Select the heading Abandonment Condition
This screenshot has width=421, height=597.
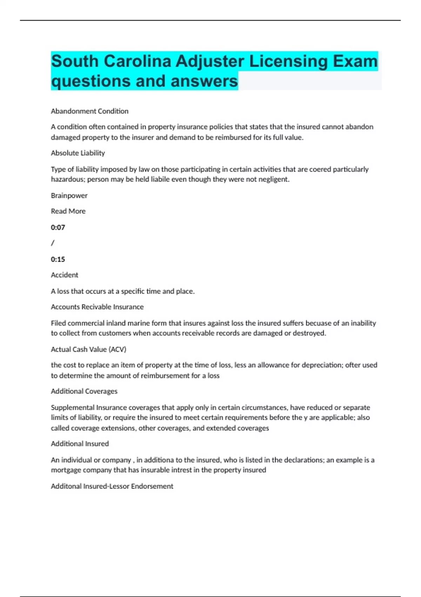click(x=89, y=111)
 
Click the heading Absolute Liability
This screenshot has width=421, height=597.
click(x=78, y=153)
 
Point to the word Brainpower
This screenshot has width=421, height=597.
click(x=69, y=195)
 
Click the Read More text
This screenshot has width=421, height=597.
click(x=68, y=211)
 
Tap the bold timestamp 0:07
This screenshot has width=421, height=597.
click(x=58, y=227)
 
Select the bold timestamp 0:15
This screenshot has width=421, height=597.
click(x=58, y=259)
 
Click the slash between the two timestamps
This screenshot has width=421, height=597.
click(x=53, y=243)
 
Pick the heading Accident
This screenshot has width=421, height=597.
click(x=65, y=275)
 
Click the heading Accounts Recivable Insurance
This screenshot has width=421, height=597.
click(x=97, y=307)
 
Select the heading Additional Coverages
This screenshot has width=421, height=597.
click(x=84, y=391)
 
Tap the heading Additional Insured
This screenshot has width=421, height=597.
click(x=80, y=444)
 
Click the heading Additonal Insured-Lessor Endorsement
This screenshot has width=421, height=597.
click(x=112, y=486)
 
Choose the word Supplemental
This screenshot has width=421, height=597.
click(x=73, y=407)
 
